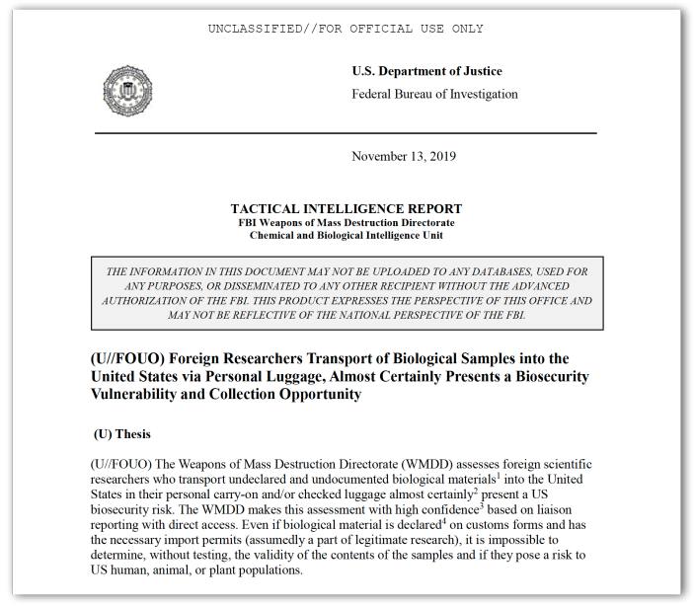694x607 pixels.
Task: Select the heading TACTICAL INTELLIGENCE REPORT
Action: (346, 209)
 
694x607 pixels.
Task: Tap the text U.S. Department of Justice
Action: (426, 71)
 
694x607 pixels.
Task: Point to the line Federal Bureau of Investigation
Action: (434, 94)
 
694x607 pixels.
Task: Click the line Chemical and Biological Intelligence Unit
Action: (346, 235)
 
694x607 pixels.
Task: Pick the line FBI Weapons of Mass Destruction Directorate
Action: (346, 223)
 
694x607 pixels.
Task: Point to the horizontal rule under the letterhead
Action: (346, 132)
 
